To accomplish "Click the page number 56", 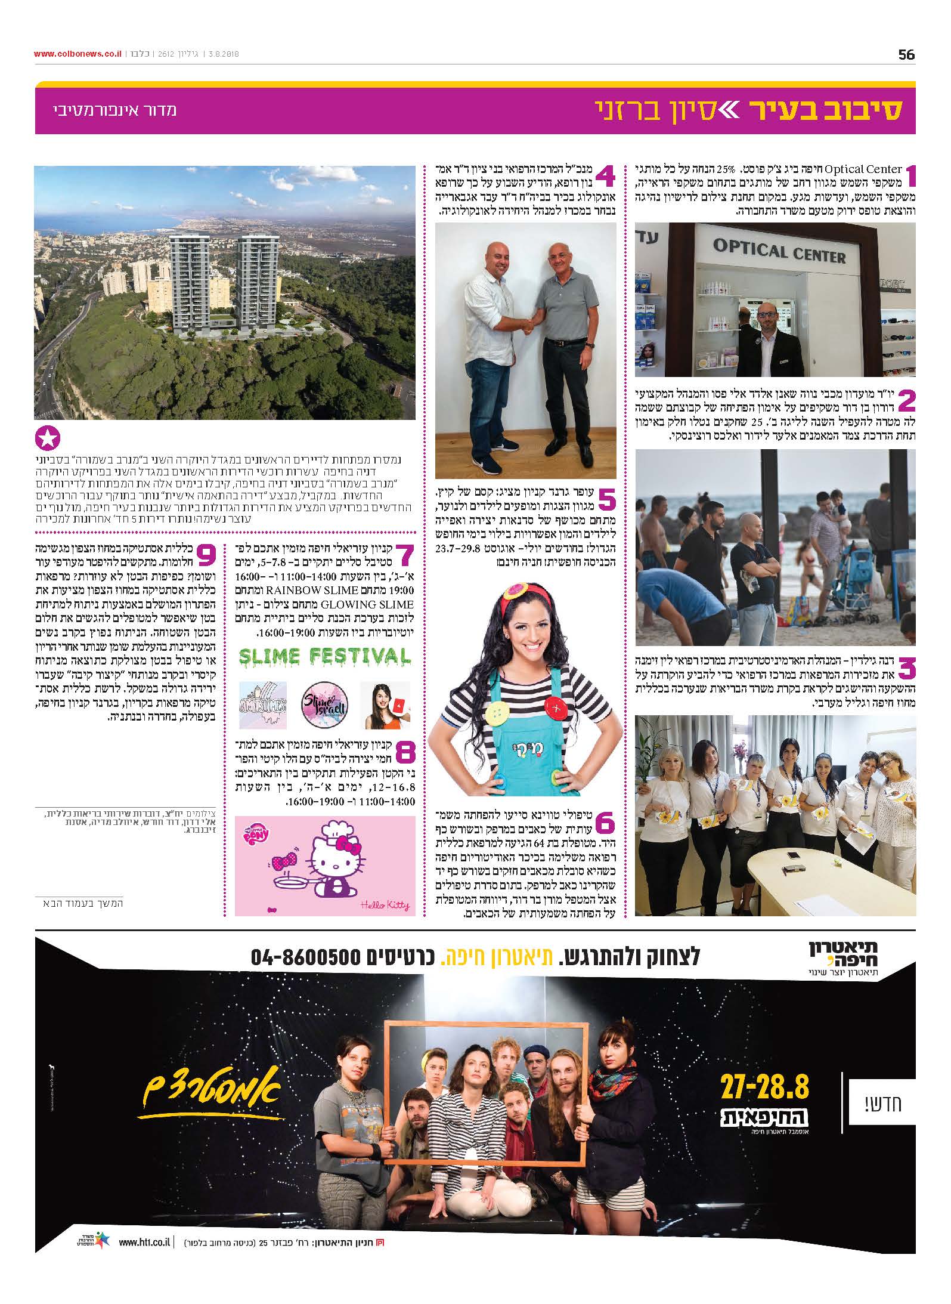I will pos(906,54).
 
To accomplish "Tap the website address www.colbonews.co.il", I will pos(78,54).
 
